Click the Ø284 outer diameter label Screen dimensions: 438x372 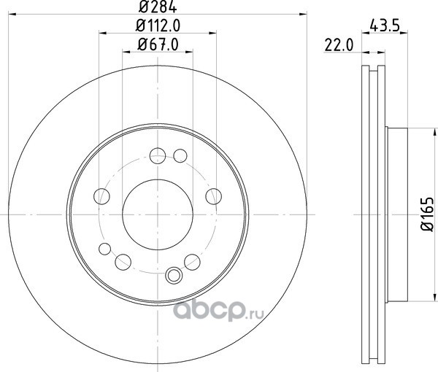pos(158,7)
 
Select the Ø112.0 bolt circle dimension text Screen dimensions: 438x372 pos(158,26)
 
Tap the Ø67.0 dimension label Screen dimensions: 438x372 pos(158,44)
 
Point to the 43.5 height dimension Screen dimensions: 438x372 pos(385,26)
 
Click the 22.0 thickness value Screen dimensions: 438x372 pos(339,45)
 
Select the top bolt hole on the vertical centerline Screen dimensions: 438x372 pos(158,155)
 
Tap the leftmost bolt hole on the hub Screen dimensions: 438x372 pos(101,196)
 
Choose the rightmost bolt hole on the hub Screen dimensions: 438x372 pos(213,196)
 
